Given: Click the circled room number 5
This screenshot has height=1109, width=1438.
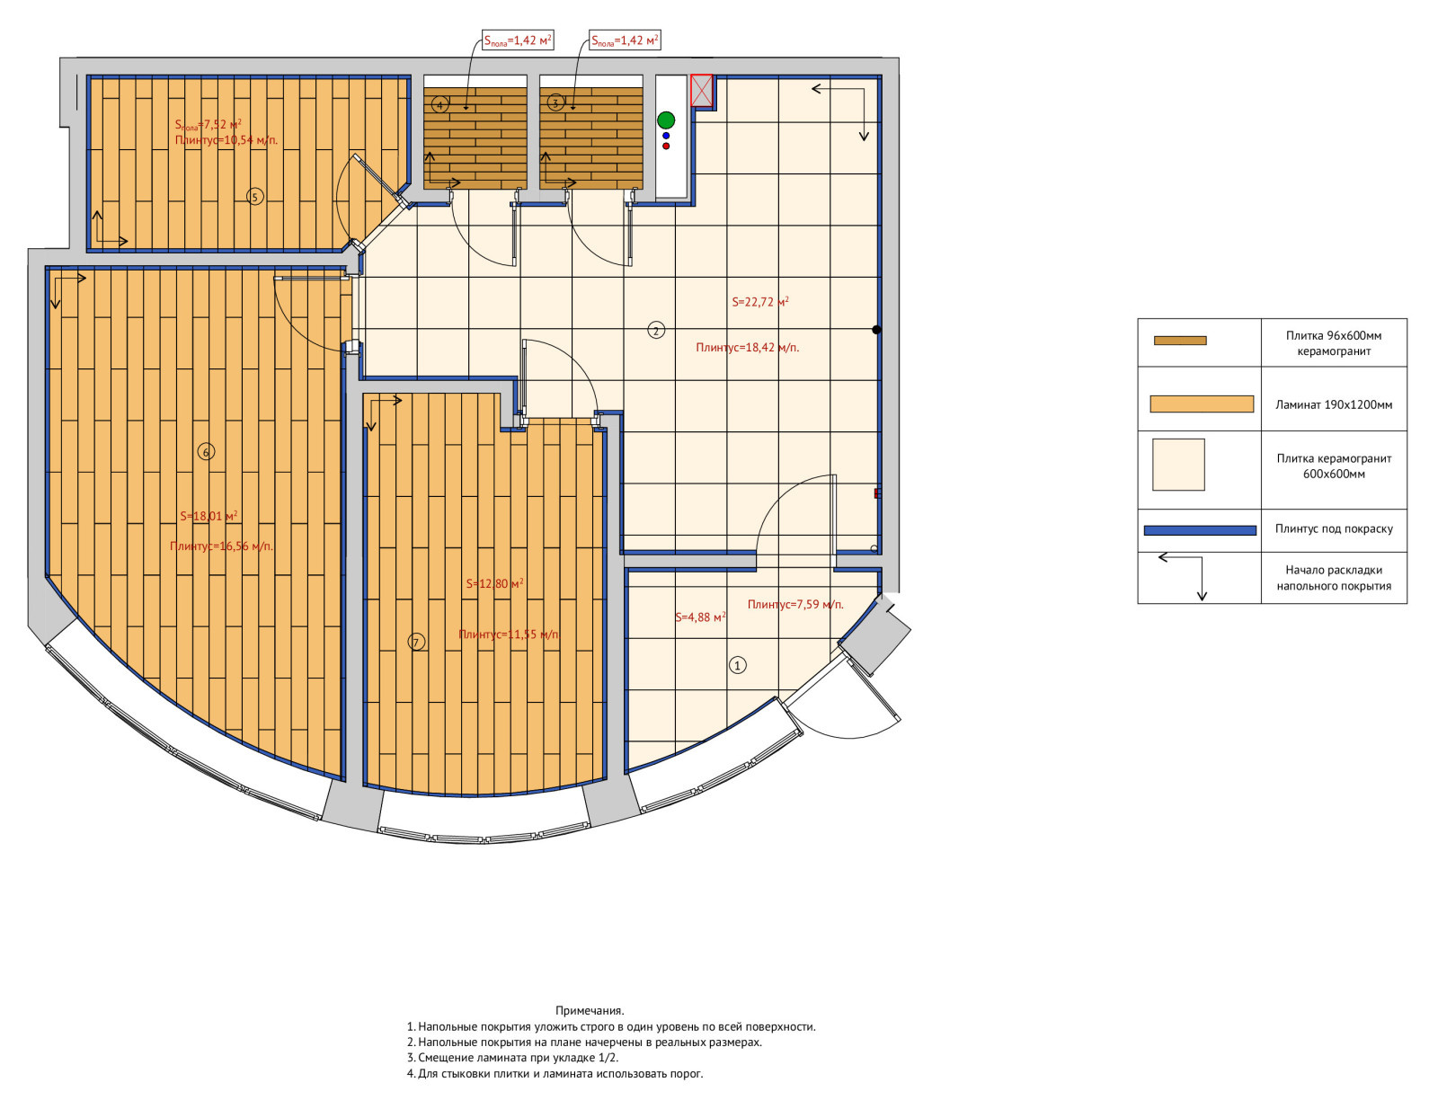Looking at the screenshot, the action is click(254, 197).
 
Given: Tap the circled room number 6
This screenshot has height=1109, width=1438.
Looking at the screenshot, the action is click(206, 452).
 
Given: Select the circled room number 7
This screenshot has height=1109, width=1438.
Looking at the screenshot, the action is click(416, 642).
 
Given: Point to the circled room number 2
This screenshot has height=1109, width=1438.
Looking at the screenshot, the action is click(656, 330).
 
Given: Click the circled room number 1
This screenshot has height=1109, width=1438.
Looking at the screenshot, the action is click(737, 665).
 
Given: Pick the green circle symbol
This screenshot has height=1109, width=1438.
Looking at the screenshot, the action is click(666, 120).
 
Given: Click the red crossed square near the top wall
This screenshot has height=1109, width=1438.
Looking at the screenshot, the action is click(701, 90).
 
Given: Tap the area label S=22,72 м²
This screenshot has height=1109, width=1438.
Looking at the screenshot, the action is click(759, 302).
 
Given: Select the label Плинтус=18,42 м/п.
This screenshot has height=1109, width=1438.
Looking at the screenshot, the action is click(747, 348).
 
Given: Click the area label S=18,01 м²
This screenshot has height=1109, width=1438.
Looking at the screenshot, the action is click(209, 516).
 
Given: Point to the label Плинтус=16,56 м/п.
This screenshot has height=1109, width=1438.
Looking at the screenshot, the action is click(221, 546).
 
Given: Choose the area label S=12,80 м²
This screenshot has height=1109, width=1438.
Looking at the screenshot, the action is click(494, 583).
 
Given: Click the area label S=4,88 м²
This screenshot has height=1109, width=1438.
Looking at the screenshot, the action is click(700, 617).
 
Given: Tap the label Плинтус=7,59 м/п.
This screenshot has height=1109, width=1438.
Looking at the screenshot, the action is click(795, 604).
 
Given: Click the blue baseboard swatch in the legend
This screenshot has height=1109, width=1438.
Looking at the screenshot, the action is click(1200, 530).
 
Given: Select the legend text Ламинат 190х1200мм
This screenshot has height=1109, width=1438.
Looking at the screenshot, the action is click(1334, 404).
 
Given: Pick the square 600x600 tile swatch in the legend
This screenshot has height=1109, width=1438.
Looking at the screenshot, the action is click(1178, 465).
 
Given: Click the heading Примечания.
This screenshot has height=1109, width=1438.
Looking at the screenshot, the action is click(590, 1010).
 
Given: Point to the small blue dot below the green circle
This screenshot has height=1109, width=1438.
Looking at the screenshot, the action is click(666, 136).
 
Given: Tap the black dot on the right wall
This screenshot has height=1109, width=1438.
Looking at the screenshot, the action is click(876, 330).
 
